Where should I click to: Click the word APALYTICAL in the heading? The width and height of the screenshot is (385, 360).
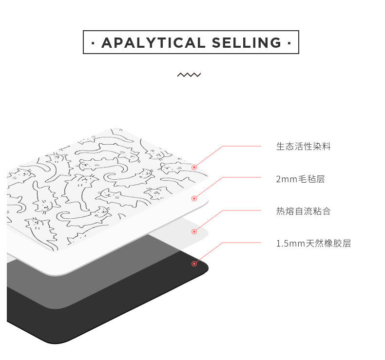(153, 43)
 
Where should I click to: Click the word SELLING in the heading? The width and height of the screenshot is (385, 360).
(247, 43)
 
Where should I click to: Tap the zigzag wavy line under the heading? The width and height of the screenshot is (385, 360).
(189, 75)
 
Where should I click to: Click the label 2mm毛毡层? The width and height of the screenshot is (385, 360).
(300, 179)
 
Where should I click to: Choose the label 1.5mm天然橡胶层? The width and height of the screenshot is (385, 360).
(313, 244)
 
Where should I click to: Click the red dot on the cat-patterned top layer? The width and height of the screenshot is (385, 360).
(194, 167)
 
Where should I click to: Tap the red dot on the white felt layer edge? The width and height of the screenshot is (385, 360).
(194, 198)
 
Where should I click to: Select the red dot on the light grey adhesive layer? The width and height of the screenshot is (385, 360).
(194, 231)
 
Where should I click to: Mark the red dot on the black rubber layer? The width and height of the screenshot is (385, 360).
(194, 264)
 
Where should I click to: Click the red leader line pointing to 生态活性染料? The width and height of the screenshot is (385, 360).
(241, 146)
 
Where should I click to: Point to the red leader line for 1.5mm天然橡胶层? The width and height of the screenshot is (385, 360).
(241, 243)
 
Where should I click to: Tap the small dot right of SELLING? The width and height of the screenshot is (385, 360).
(289, 43)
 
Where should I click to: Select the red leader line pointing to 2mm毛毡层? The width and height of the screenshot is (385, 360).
(241, 178)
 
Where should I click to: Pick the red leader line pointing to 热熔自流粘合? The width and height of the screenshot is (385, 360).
(241, 210)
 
